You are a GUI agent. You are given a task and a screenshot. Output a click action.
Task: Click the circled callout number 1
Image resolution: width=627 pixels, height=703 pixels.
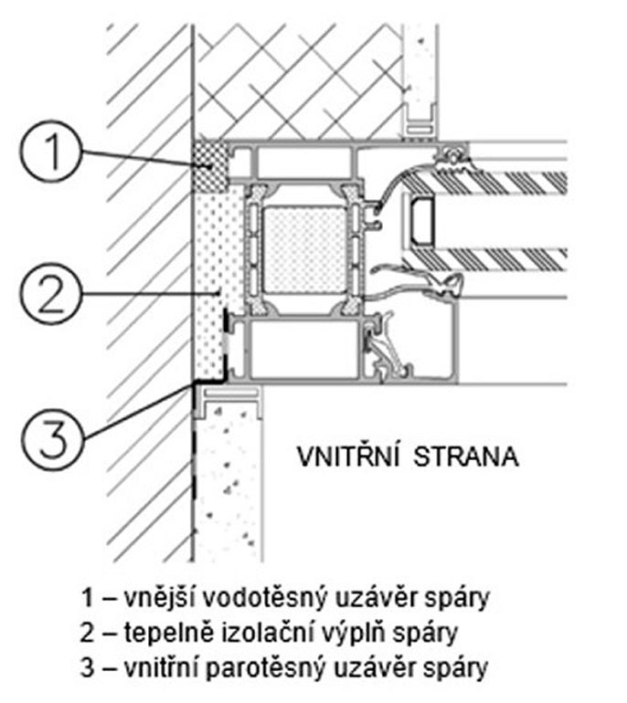coord(51,151)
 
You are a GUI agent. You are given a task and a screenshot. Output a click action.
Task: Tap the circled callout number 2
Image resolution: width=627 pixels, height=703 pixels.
coord(51,294)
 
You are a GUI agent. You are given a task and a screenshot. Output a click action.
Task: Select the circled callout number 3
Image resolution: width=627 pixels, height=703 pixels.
coord(53,438)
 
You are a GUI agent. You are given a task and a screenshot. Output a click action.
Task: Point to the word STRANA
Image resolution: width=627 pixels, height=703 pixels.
coord(466,456)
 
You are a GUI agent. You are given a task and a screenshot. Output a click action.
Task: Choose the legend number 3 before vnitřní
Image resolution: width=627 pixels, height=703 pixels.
coord(88,667)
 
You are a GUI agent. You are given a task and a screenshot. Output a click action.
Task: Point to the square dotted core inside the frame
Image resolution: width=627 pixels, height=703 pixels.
coord(304,250)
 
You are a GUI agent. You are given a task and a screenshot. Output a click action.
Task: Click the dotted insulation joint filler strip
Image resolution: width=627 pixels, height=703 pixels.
coord(218,282)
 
